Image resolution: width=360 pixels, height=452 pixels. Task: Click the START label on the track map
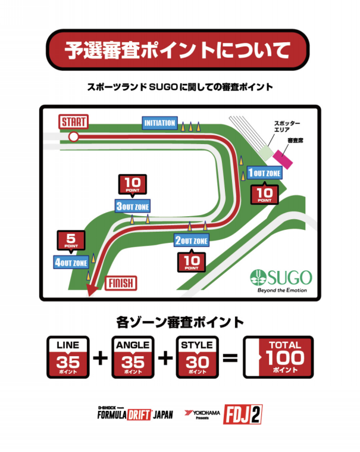point(73,122)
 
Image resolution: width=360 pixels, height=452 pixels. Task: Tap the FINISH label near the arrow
point(121,282)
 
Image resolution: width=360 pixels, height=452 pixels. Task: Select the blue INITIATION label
point(160,123)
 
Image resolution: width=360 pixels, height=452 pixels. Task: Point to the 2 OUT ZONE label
point(192,241)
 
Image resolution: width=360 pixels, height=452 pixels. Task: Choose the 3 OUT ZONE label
point(133,207)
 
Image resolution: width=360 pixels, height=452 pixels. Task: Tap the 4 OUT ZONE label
point(71,263)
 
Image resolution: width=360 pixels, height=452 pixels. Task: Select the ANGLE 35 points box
point(133,357)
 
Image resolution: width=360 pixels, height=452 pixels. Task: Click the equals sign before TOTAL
point(230,359)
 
